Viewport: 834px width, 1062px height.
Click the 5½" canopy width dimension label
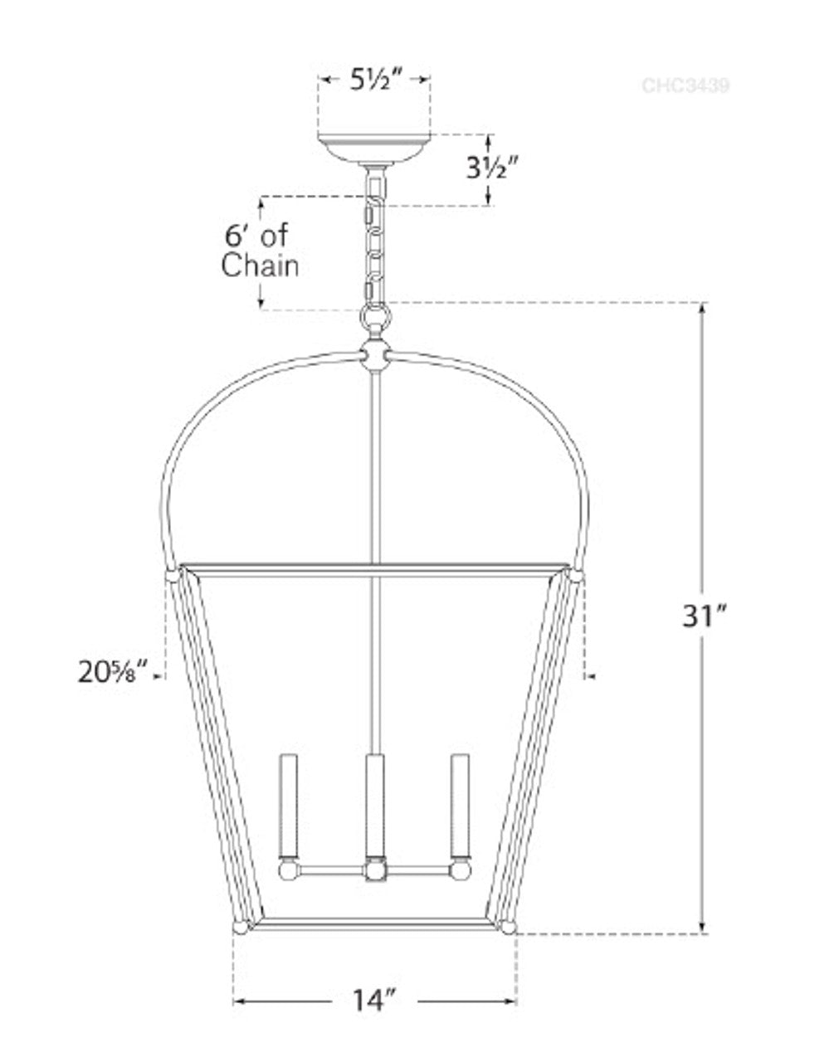click(375, 80)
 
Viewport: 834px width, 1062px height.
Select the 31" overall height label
click(705, 617)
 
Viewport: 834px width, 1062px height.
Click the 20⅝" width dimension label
click(116, 670)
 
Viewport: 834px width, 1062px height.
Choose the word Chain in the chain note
click(261, 266)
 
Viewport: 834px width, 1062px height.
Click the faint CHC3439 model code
click(685, 85)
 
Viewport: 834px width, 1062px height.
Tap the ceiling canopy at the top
click(375, 148)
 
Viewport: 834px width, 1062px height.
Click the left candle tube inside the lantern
click(289, 805)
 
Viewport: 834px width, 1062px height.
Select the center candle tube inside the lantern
click(375, 805)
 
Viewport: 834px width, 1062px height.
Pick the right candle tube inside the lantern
click(460, 805)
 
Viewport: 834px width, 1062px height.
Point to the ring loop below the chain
click(375, 318)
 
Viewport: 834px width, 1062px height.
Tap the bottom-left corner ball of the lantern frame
click(241, 927)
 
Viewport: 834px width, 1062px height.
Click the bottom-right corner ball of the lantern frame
click(508, 927)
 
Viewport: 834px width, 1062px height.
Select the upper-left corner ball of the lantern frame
click(173, 574)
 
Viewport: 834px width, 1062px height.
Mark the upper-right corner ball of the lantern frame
click(577, 574)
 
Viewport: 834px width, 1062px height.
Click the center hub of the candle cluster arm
click(375, 871)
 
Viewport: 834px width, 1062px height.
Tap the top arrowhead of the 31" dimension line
click(704, 308)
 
